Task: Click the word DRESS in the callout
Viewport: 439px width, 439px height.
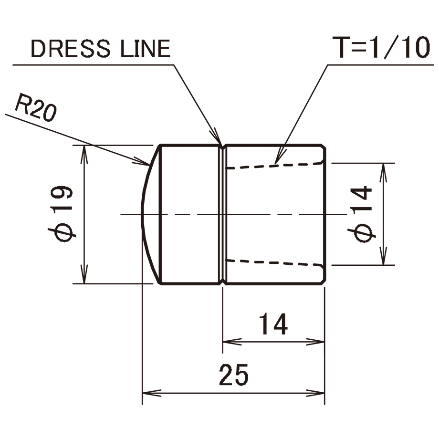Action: [x=71, y=49]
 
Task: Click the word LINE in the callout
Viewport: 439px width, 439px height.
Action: [x=146, y=49]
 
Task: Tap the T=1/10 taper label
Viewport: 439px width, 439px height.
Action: [x=381, y=47]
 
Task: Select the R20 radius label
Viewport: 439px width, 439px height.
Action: [x=36, y=108]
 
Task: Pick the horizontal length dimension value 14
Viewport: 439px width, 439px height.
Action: [x=273, y=324]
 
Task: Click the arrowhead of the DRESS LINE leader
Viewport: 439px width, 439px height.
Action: [x=217, y=136]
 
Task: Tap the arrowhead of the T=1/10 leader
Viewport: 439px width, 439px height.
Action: [x=280, y=157]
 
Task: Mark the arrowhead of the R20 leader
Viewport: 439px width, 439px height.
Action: [x=142, y=161]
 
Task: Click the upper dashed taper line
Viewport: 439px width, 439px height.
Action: [x=274, y=166]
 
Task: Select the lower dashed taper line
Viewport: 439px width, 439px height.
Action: [x=274, y=262]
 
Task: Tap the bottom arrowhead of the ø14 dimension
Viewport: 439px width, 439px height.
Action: [x=384, y=256]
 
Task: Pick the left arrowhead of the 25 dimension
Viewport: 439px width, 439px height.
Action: [x=152, y=393]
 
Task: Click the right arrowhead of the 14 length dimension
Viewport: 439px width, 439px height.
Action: [x=315, y=342]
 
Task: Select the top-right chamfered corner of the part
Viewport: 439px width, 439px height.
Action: [x=324, y=147]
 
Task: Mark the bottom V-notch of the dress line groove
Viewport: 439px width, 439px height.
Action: [x=222, y=282]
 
